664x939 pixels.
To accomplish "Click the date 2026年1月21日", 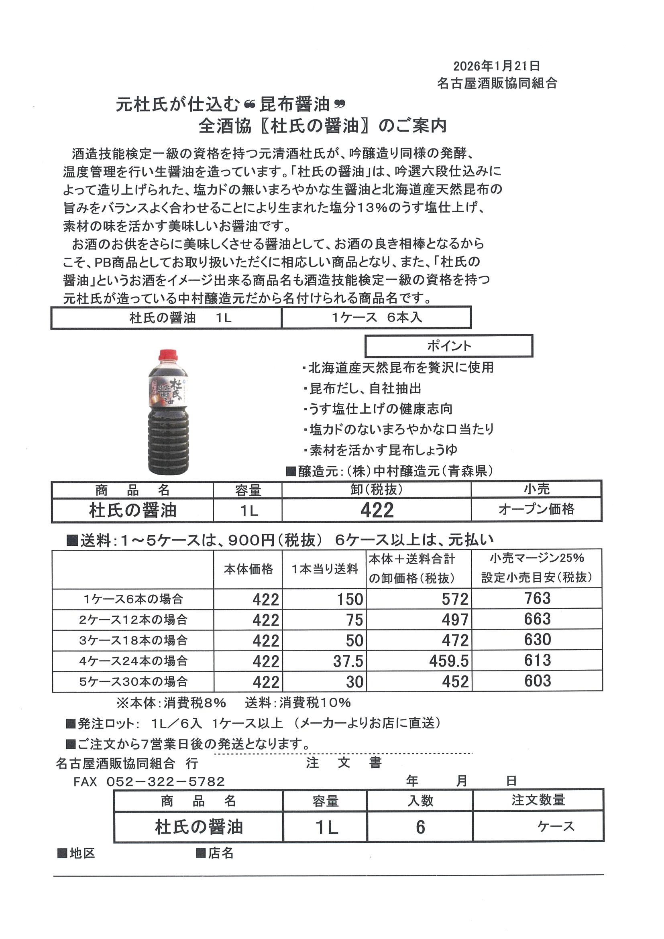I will click(496, 66).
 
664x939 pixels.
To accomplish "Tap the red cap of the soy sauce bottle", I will click(168, 355).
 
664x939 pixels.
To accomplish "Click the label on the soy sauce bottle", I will click(168, 392).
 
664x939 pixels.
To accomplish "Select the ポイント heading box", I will click(449, 346).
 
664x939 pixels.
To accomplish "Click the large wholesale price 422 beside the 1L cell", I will click(377, 510).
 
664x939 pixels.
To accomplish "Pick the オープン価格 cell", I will click(536, 509).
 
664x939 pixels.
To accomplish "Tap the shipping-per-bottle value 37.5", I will click(348, 661).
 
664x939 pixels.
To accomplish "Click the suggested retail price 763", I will click(537, 598).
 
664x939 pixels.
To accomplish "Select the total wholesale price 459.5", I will click(448, 661).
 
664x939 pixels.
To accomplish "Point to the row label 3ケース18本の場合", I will click(133, 640).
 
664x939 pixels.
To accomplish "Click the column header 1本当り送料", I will click(324, 569).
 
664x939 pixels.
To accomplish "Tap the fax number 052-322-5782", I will click(165, 782).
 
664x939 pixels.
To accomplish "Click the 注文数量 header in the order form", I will click(538, 800).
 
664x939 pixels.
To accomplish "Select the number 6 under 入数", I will click(420, 827).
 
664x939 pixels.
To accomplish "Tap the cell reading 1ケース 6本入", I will click(377, 317).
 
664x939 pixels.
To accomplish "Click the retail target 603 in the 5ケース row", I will click(537, 681).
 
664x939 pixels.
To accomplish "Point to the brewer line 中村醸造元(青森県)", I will click(395, 471).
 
